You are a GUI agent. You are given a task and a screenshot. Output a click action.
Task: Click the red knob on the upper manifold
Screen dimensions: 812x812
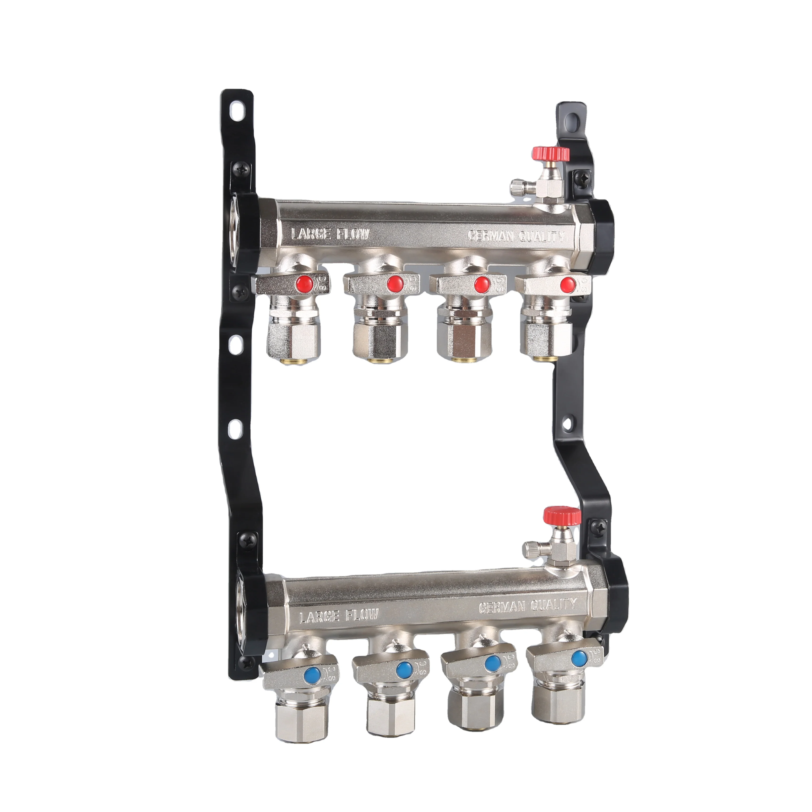(x=550, y=154)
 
